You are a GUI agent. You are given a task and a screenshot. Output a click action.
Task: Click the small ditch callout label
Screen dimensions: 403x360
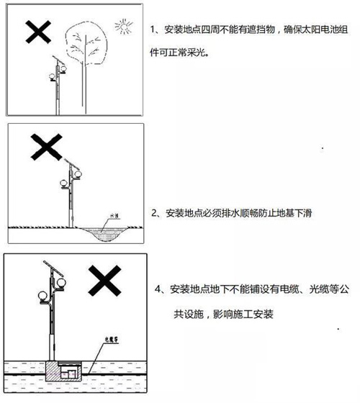click(x=112, y=215)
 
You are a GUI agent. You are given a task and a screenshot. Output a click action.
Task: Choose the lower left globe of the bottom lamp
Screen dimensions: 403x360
click(x=41, y=296)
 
